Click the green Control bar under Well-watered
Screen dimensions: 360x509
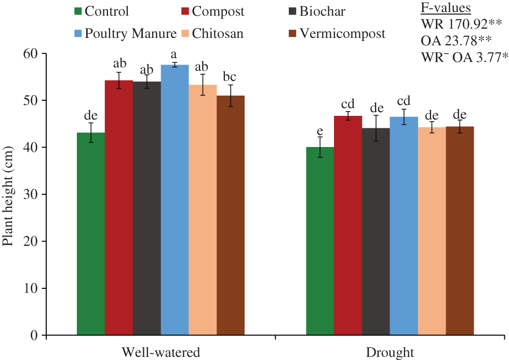click(x=91, y=234)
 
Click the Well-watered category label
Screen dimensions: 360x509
click(x=160, y=352)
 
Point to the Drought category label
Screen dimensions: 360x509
click(x=390, y=352)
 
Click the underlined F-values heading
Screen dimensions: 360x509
click(x=445, y=8)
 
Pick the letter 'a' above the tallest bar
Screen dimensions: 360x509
click(x=175, y=54)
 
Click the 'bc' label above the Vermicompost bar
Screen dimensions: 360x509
click(x=230, y=77)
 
